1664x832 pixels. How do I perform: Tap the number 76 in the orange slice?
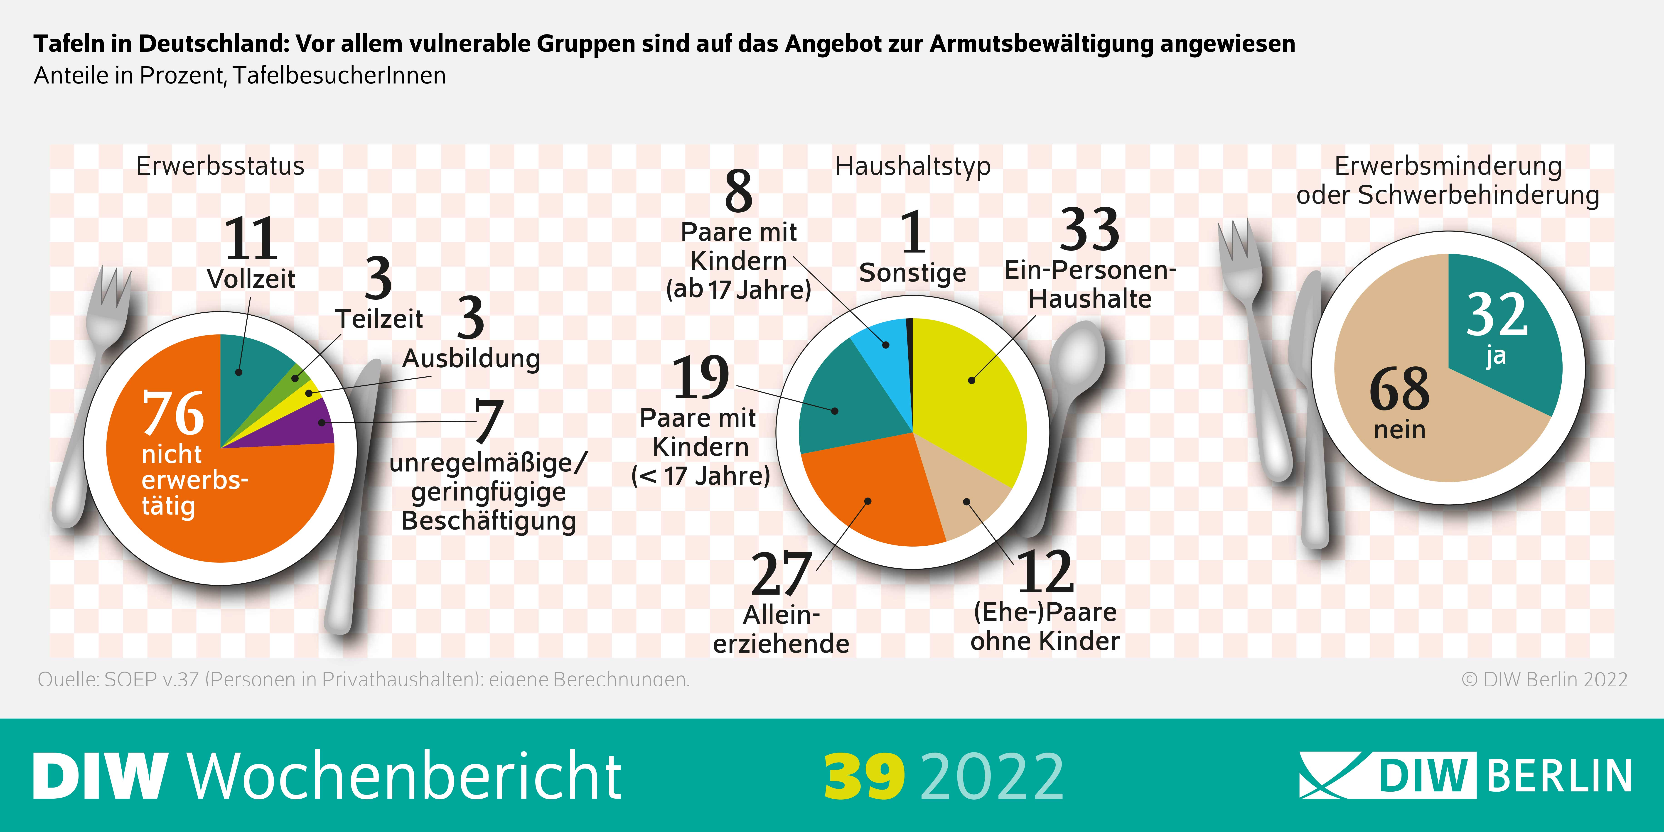173,413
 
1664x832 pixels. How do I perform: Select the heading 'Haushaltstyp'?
912,167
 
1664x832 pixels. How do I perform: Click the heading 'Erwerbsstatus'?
220,167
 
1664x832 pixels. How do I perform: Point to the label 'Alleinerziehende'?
781,629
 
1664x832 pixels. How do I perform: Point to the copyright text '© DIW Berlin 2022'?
1544,679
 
